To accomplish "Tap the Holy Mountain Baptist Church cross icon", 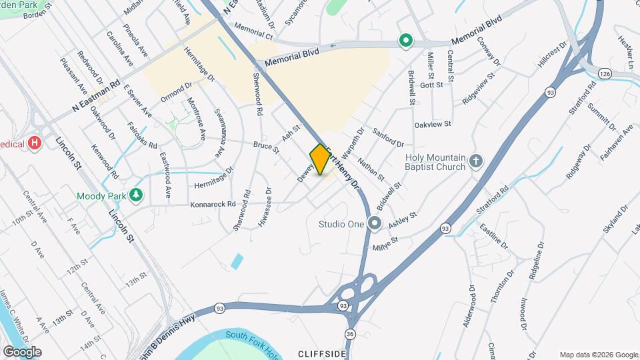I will [475, 161].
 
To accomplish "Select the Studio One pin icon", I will [375, 224].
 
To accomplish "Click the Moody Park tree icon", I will [137, 195].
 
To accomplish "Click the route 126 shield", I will [604, 73].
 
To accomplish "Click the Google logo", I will [23, 351].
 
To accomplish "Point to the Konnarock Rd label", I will [213, 204].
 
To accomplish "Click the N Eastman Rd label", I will [96, 95].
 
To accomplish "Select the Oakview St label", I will [433, 124].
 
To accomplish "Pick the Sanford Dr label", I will [389, 137].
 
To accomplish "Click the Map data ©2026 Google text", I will [598, 355].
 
